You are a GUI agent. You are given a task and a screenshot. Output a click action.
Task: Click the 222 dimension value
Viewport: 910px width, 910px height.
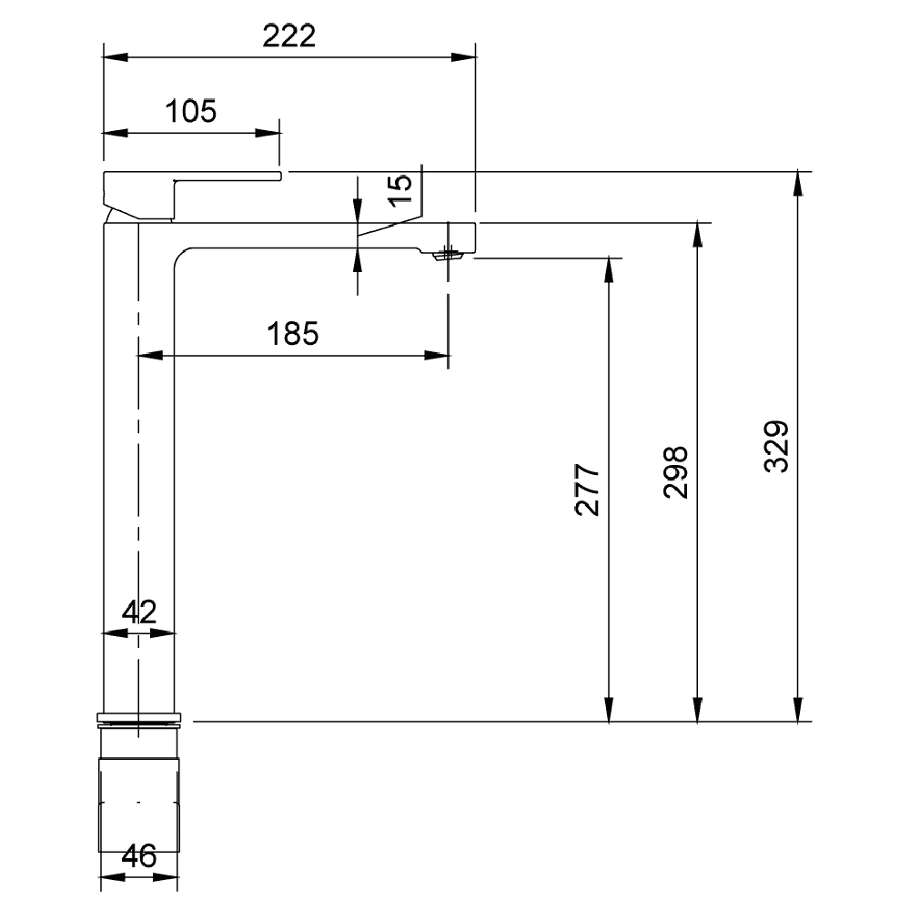[289, 36]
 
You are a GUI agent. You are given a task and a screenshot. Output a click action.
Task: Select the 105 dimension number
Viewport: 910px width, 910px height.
[191, 111]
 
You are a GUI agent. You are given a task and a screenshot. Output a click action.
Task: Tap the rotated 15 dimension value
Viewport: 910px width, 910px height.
[399, 190]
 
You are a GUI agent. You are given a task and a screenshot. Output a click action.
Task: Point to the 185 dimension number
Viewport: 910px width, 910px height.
[292, 334]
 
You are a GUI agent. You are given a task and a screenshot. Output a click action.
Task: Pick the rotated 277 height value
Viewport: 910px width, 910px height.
[587, 490]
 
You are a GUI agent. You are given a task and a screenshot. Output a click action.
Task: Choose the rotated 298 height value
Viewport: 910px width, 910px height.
[675, 472]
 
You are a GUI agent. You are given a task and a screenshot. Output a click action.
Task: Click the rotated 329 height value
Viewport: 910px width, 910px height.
[776, 447]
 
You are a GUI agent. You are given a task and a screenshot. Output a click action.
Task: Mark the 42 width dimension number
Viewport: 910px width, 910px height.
[139, 612]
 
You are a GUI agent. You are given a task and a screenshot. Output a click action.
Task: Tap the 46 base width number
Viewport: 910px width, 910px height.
[139, 856]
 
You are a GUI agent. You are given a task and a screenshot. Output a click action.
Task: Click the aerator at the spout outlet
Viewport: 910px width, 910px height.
[448, 255]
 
